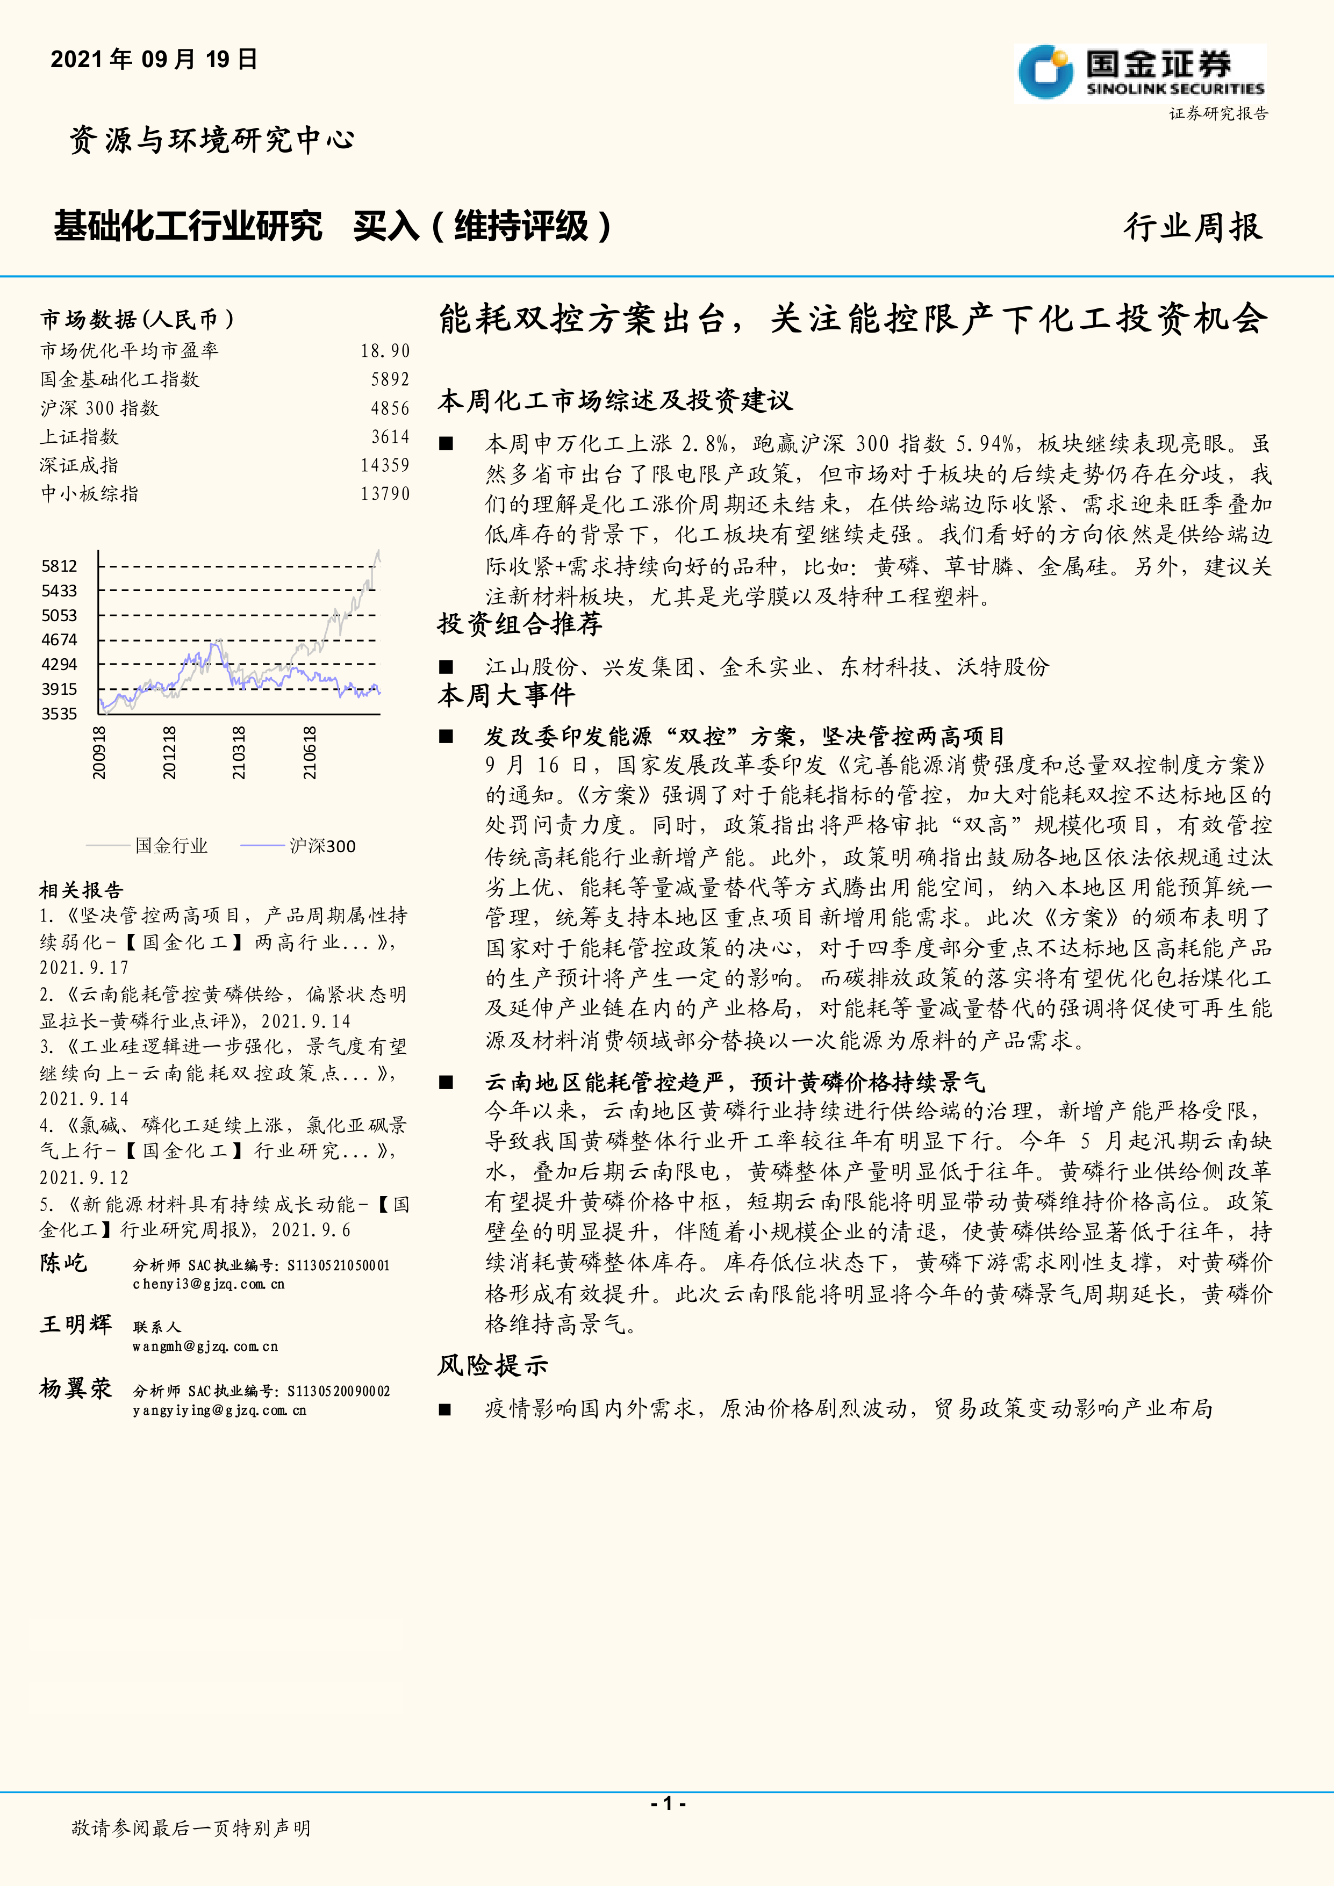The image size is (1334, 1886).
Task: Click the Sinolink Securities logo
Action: pyautogui.click(x=1139, y=73)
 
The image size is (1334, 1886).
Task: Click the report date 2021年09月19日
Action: pyautogui.click(x=154, y=59)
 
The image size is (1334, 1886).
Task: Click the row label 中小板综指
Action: pyautogui.click(x=90, y=494)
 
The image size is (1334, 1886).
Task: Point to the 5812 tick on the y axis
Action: pyautogui.click(x=59, y=566)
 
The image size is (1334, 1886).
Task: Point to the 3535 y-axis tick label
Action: pyautogui.click(x=59, y=714)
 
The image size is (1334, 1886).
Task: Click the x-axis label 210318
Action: pyautogui.click(x=238, y=752)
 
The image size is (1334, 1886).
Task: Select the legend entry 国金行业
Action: pyautogui.click(x=171, y=846)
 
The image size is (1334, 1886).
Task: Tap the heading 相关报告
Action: pyautogui.click(x=81, y=890)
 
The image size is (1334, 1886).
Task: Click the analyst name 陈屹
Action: pyautogui.click(x=63, y=1263)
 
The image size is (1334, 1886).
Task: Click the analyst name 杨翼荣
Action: pyautogui.click(x=76, y=1388)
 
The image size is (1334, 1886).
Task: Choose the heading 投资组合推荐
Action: pyautogui.click(x=520, y=624)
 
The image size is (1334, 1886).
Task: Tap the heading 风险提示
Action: pyautogui.click(x=492, y=1366)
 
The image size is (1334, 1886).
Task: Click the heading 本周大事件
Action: pyautogui.click(x=506, y=696)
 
